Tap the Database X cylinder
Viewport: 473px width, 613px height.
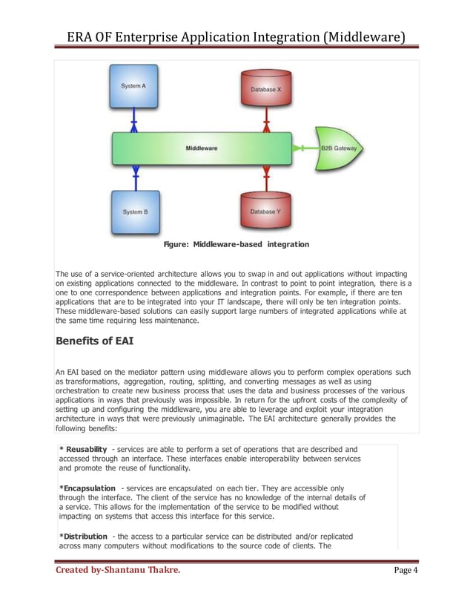265,90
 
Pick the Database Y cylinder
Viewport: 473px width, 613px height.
265,212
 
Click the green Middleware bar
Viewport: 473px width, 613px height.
201,148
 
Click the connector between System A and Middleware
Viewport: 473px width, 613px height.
134,120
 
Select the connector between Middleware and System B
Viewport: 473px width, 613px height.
134,176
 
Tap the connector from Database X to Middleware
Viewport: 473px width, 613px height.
265,122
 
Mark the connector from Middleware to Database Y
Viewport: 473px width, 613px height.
265,177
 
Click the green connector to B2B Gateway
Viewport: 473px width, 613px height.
304,148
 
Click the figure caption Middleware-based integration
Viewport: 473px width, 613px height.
236,244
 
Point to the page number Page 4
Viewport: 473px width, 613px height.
406,591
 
